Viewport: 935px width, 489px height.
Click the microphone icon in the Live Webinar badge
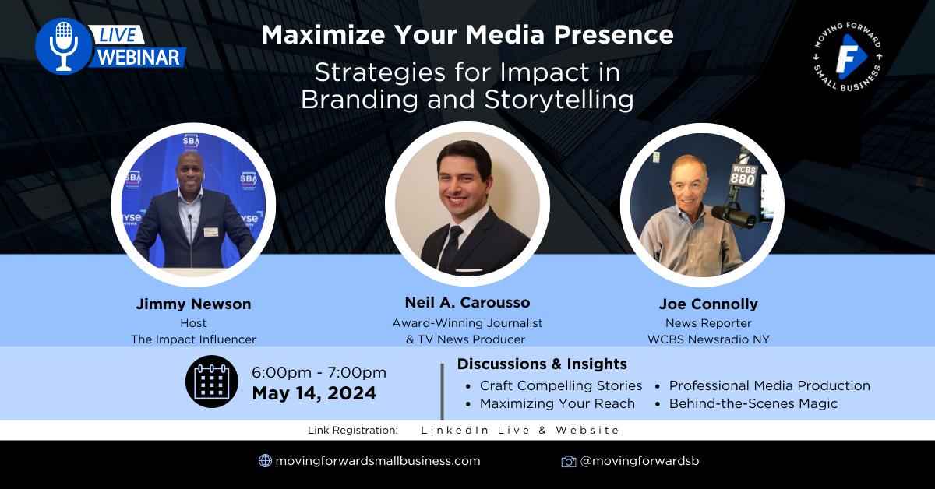pos(63,46)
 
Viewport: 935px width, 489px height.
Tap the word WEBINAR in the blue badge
pos(139,57)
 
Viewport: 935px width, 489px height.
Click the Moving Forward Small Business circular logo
pos(848,56)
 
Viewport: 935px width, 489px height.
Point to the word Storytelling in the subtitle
pos(559,100)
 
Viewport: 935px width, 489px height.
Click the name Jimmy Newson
pos(194,304)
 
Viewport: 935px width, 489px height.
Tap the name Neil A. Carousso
pos(467,302)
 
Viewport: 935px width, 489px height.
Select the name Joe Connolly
pos(708,304)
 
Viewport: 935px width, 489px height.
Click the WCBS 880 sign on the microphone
pos(743,175)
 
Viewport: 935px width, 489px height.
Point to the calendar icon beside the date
pos(212,382)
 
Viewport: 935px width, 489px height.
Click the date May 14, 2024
pos(314,393)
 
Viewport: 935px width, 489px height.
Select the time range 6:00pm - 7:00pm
pos(319,372)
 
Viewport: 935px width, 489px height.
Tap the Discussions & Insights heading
pos(542,364)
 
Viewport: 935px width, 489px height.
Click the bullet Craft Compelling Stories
pos(561,385)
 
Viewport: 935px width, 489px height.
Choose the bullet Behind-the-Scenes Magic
pos(753,403)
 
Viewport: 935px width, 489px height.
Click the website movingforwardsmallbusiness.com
pos(378,461)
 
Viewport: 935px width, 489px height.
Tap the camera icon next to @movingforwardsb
pos(569,461)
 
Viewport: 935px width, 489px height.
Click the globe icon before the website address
pos(265,461)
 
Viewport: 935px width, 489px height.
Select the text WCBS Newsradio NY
pos(708,339)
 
